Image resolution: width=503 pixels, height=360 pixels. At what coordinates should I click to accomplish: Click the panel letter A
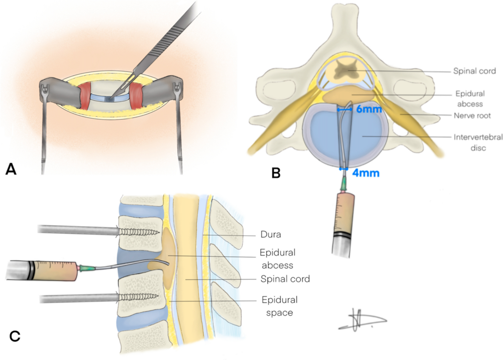point(11,169)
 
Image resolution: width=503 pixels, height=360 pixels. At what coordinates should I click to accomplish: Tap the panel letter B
point(276,173)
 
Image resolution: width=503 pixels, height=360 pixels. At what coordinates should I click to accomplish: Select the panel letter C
point(15,336)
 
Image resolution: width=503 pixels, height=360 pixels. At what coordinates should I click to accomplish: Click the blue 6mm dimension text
point(369,109)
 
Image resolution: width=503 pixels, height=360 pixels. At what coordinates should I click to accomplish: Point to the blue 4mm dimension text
point(366,173)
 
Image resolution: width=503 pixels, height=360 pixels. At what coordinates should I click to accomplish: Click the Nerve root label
point(472,115)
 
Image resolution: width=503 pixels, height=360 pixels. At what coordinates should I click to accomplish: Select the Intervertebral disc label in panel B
point(478,142)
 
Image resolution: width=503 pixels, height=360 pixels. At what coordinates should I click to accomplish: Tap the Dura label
point(270,234)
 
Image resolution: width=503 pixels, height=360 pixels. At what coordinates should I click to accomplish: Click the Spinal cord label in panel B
point(474,71)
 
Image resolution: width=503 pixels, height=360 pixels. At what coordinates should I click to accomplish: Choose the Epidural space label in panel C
point(279,306)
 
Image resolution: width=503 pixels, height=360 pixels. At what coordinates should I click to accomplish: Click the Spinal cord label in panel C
point(285,279)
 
